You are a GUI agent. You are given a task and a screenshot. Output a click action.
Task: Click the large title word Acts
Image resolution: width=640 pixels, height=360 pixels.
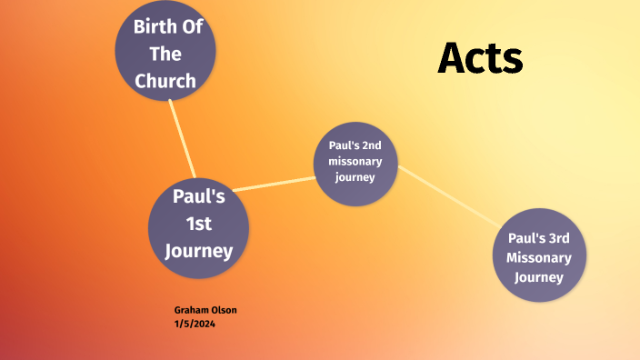point(480,58)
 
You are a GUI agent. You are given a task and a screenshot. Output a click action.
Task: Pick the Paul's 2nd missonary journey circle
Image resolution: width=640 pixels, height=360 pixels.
point(356,164)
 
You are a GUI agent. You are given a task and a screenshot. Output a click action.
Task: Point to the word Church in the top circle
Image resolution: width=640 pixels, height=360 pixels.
point(165,81)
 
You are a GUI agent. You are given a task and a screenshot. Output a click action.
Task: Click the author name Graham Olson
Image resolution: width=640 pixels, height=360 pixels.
point(205,310)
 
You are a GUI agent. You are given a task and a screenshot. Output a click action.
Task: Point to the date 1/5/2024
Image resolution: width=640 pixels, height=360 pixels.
point(195,323)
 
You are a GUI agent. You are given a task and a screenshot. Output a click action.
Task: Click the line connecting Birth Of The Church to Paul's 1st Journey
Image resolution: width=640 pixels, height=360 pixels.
point(182,138)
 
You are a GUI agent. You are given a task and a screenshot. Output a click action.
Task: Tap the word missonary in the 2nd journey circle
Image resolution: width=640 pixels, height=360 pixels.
point(355,162)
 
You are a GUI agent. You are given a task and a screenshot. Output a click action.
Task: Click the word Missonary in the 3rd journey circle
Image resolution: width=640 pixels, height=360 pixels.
point(539,258)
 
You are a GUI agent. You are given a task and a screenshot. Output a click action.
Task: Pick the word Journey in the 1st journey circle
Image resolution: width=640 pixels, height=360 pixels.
point(199,250)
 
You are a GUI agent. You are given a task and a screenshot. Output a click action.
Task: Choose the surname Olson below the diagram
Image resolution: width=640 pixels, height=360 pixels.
point(223,310)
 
